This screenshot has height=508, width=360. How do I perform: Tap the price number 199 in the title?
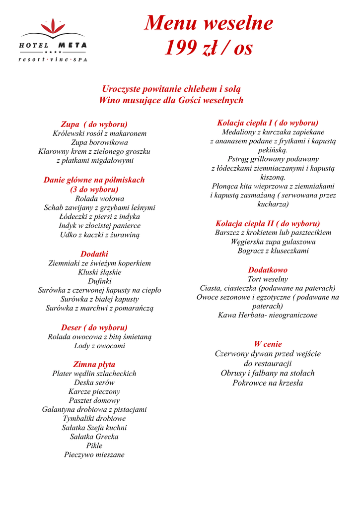[180, 48]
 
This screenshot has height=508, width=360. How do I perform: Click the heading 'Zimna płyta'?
[94, 364]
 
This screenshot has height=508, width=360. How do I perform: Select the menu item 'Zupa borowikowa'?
[99, 142]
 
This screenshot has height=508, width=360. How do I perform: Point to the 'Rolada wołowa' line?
[99, 198]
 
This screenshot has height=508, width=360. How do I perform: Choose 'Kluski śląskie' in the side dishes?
[99, 272]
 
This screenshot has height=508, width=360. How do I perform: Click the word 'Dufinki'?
[99, 281]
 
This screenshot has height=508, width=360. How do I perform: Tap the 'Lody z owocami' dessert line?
[99, 346]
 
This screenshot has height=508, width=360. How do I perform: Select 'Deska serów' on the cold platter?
[94, 382]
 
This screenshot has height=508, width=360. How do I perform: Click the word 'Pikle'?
[94, 445]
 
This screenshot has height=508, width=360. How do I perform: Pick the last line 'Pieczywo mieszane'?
[94, 454]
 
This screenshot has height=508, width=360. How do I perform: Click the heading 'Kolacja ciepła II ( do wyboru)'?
[268, 223]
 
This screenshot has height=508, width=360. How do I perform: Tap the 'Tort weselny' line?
[268, 279]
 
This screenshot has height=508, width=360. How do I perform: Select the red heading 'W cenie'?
[268, 344]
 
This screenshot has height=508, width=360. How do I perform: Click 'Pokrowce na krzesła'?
[268, 382]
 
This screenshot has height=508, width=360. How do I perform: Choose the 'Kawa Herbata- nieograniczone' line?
[268, 315]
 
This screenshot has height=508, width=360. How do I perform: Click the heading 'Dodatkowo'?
[268, 270]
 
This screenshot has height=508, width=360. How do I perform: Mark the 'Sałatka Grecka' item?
[94, 437]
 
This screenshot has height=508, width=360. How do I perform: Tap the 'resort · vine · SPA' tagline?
[52, 60]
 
